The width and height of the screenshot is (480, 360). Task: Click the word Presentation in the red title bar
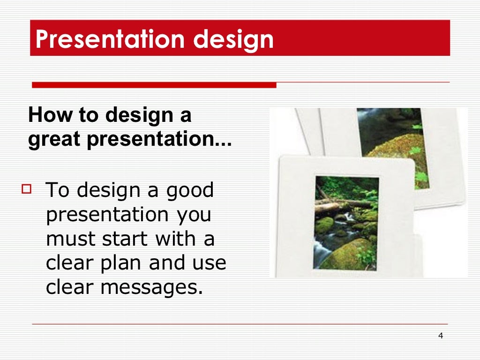tap(111, 39)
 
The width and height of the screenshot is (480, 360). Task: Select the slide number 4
tap(440, 336)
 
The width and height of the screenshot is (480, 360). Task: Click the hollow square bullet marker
tap(26, 189)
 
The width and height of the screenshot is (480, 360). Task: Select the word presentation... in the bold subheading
tap(158, 140)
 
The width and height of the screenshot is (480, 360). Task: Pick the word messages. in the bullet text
tap(152, 287)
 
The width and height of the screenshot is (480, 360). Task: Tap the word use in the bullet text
tap(210, 263)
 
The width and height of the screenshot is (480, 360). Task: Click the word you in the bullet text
tap(193, 215)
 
